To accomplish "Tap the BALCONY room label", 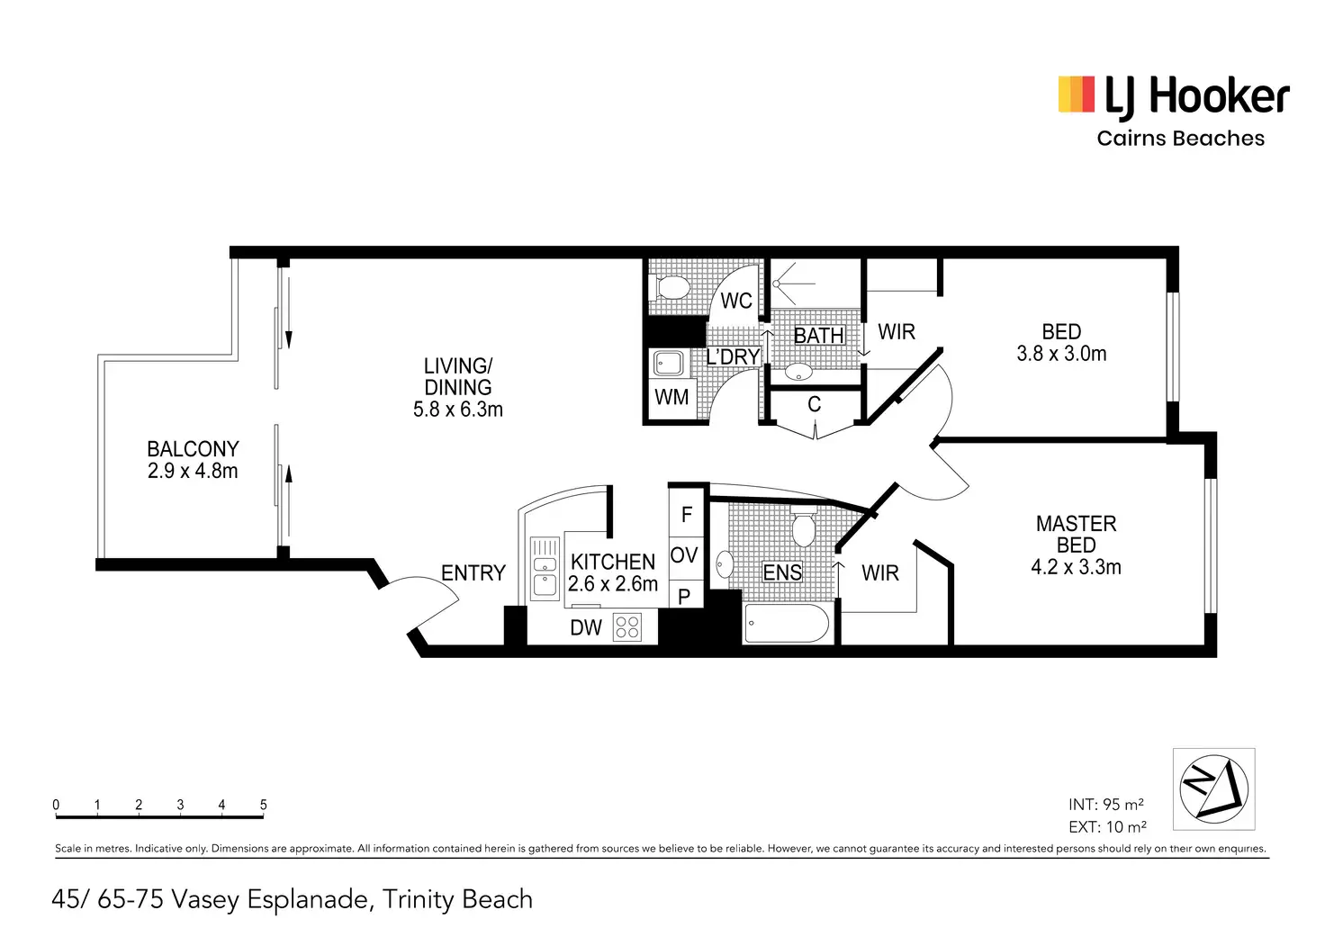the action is pos(193,449).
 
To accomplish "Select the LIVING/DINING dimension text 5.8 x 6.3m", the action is pos(458,410).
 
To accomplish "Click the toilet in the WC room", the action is pos(671,288).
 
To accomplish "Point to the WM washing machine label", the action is pos(672,397).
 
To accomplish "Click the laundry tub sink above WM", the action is pos(669,364).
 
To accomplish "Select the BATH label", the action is pos(818,336).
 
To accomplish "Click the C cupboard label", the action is pos(815,405).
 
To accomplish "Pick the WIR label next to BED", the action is pos(897,332).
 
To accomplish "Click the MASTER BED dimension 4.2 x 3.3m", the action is pos(1076,567).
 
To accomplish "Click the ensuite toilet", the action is pos(803,527).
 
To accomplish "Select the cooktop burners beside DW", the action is pos(627,627).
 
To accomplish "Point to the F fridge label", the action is pos(686,515).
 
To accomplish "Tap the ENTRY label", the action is pos(473,572).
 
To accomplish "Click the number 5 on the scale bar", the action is pos(263,805).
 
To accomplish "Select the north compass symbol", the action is pos(1213,789).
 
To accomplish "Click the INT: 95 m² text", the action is pos(1105,805).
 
